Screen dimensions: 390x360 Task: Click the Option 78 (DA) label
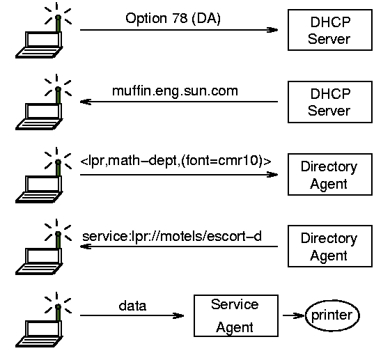(173, 19)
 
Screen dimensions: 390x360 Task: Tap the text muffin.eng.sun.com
(175, 91)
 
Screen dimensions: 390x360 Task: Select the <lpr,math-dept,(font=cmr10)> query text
(175, 161)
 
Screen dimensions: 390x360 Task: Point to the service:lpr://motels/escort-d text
(172, 236)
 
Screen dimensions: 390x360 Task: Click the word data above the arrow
(132, 306)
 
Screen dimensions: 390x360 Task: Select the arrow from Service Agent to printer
(293, 315)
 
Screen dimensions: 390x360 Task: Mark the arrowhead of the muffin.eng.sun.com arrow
(86, 102)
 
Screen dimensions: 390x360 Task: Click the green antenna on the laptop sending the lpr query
(58, 169)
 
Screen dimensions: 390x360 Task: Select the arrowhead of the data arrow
(178, 315)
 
